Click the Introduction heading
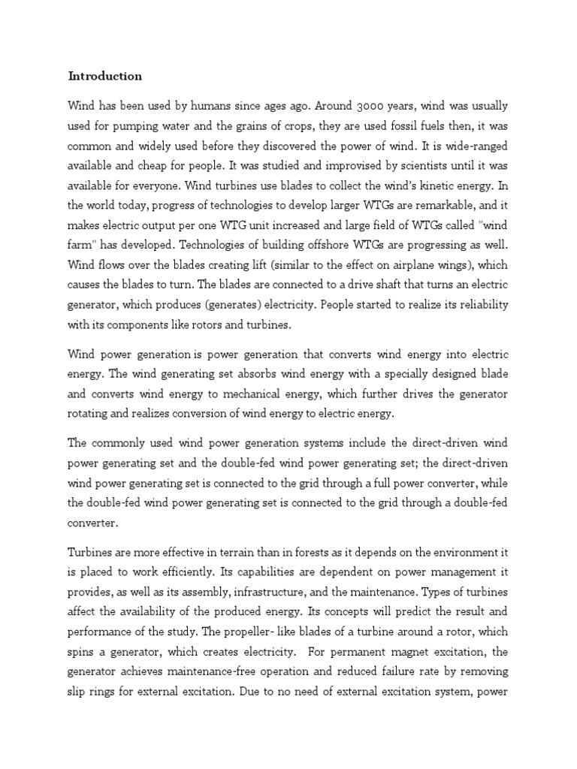(104, 76)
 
